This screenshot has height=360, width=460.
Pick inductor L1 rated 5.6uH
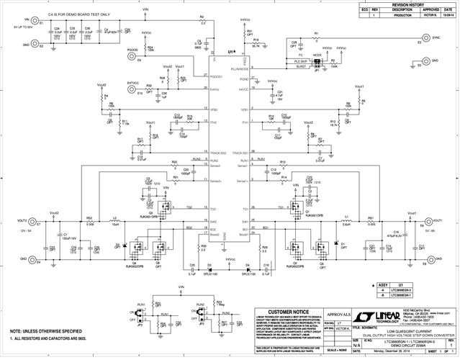[x=347, y=220]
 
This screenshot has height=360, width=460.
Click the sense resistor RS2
[x=89, y=220]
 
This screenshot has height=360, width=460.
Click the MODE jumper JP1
[x=317, y=63]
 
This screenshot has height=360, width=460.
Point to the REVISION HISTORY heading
[x=407, y=4]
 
